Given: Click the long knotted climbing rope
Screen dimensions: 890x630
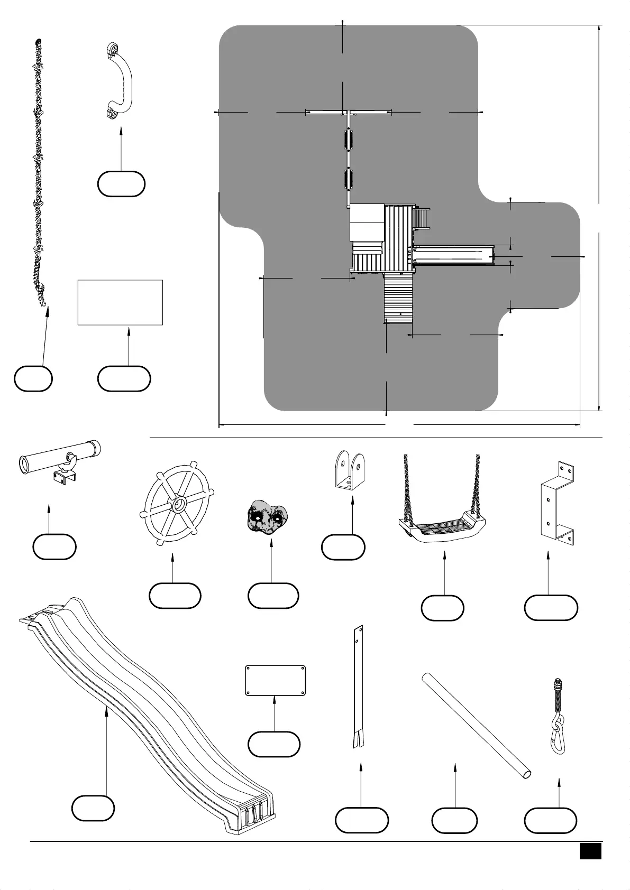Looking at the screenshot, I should pos(38,174).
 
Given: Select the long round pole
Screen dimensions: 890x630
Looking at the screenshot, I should pos(476,724).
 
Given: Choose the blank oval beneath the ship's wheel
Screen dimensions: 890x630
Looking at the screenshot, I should pos(175,596).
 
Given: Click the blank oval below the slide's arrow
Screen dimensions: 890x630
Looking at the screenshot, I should pos(93,809).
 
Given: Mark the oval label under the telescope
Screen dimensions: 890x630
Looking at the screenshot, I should pos(54,546).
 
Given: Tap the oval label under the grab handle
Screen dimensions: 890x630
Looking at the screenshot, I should pos(121,184).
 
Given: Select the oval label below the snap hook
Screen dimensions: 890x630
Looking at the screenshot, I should pos(550,820).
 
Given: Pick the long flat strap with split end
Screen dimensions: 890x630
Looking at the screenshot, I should pos(358,687).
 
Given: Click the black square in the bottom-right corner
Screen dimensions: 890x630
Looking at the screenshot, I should pos(590,851).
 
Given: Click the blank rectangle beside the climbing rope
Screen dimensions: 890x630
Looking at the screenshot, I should pos(120,302).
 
